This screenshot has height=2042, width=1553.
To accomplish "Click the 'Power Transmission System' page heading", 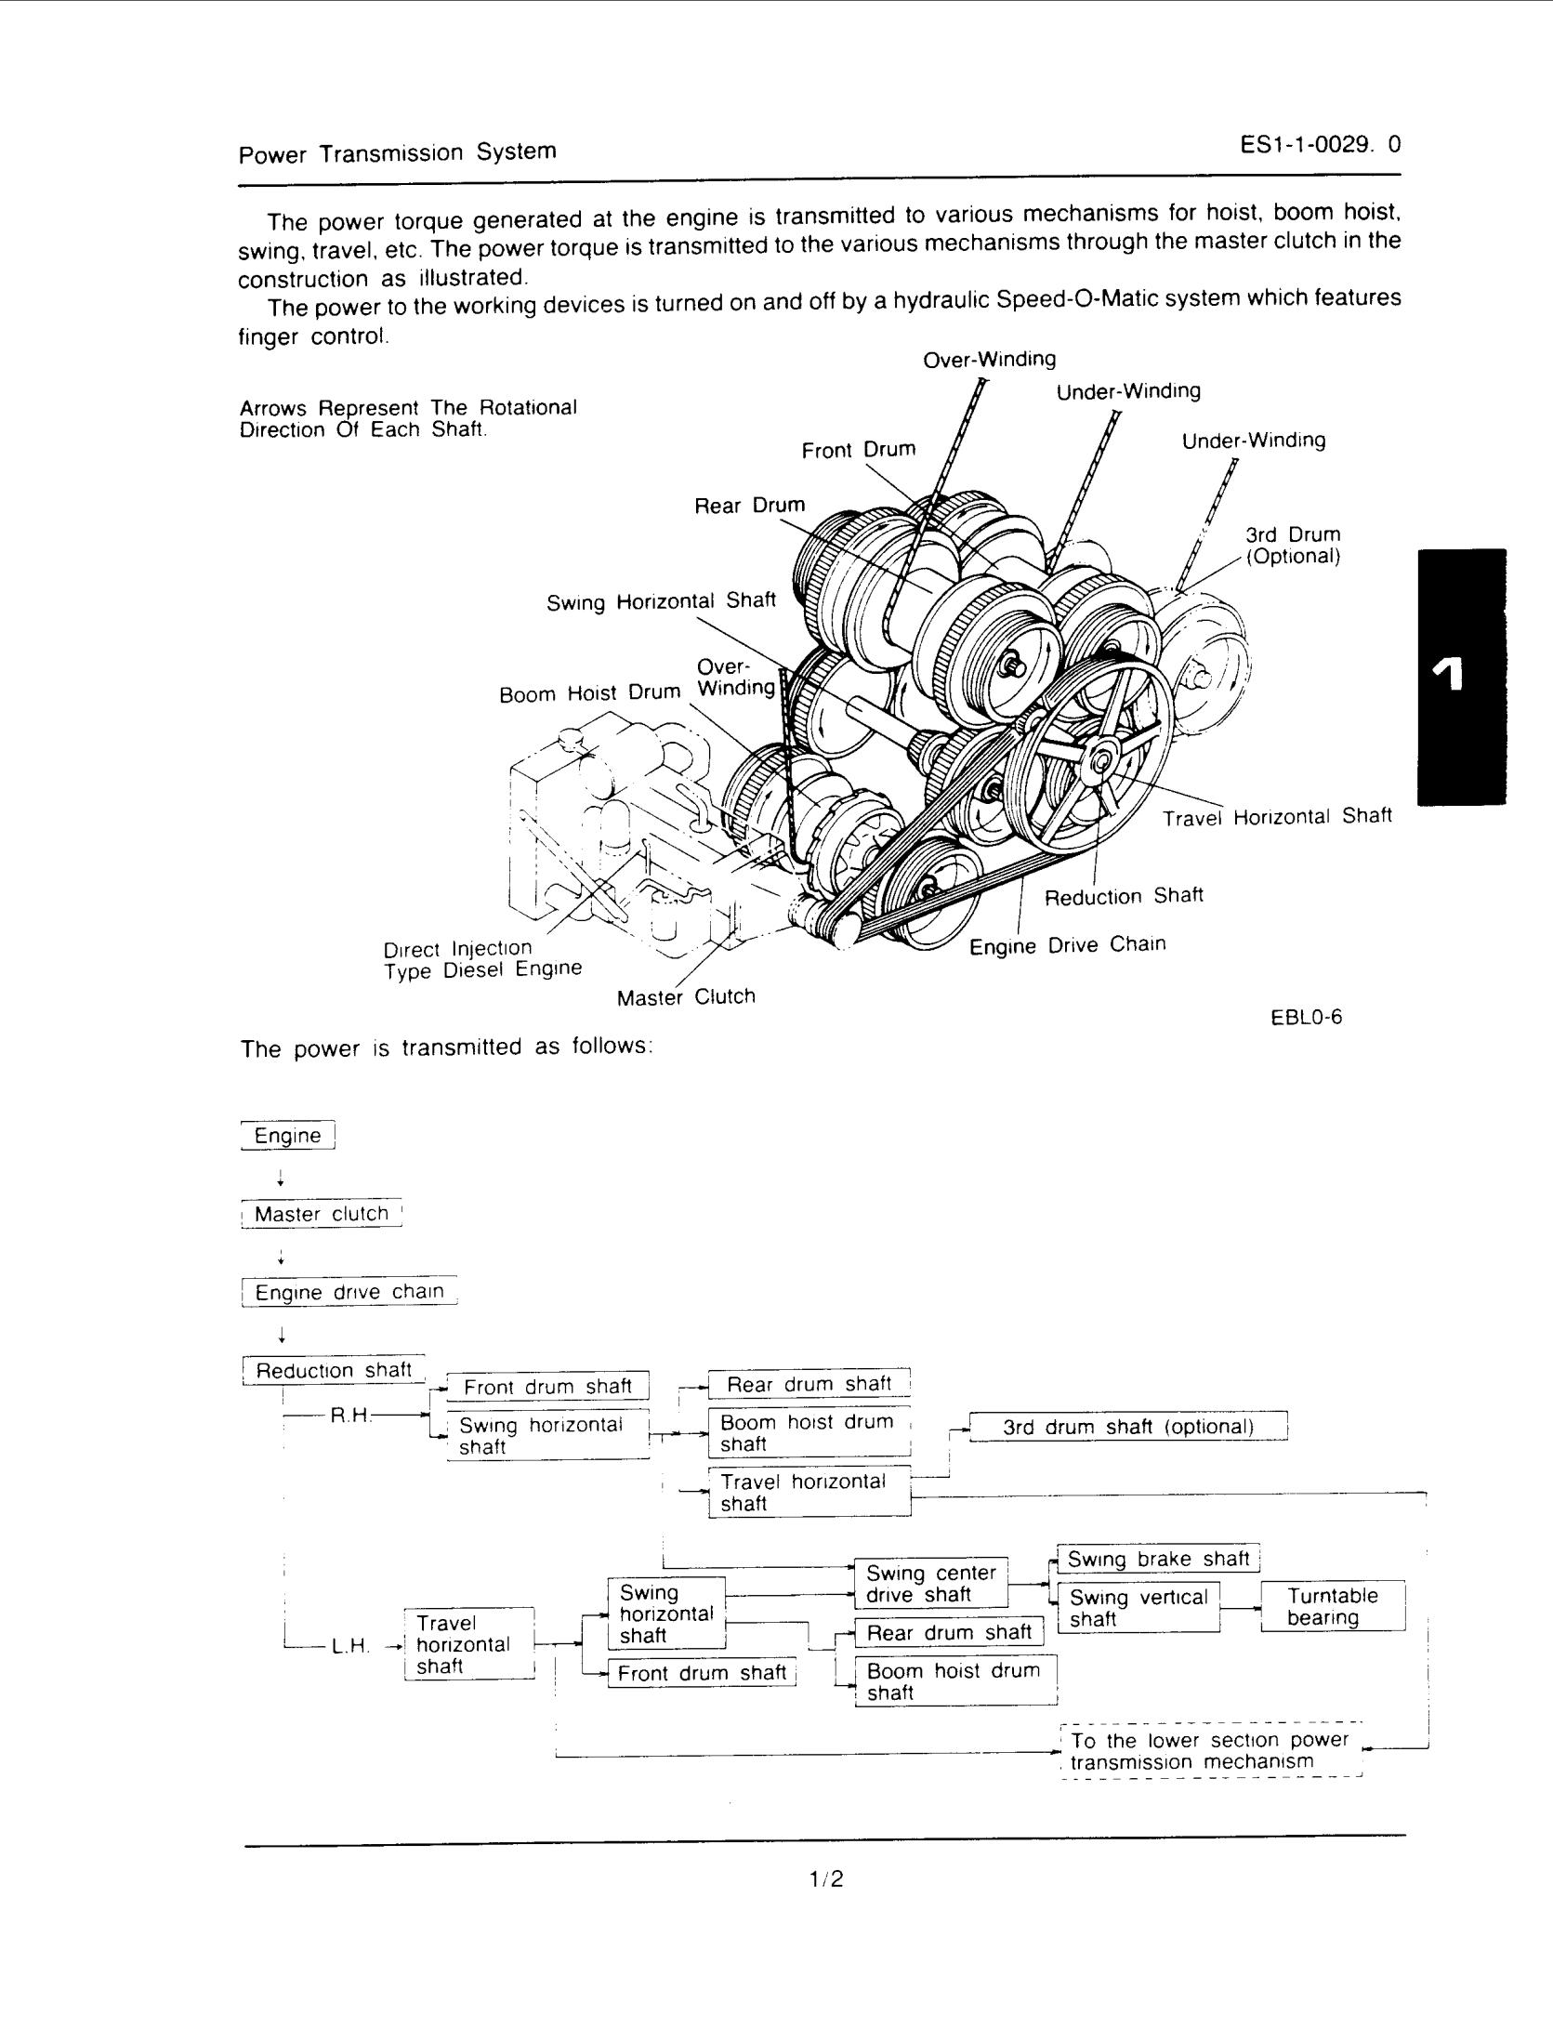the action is click(x=398, y=152).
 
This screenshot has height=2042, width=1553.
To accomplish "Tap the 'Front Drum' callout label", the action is click(x=859, y=450).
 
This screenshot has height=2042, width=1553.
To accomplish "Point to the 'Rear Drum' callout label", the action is click(x=750, y=506).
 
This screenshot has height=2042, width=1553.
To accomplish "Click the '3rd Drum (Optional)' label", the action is click(x=1293, y=546).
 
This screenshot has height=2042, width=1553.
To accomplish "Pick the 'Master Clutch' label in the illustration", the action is click(x=686, y=997).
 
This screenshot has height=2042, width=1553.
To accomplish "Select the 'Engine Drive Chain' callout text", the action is click(x=1067, y=945).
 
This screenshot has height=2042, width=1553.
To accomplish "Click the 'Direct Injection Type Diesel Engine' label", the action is click(x=482, y=958).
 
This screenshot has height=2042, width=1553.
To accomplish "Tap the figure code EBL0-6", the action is click(x=1306, y=1017).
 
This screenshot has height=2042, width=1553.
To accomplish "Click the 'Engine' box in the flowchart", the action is click(x=287, y=1136).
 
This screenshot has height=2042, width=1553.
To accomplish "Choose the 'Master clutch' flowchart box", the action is click(x=322, y=1214).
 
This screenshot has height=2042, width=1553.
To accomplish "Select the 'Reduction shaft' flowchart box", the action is click(x=334, y=1370).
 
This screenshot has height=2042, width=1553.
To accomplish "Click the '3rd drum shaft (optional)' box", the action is click(x=1128, y=1427).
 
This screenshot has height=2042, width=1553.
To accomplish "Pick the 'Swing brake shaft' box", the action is click(x=1158, y=1559).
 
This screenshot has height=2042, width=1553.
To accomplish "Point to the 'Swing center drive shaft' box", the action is click(x=931, y=1583).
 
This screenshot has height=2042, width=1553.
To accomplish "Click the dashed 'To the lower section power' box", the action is click(x=1210, y=1751).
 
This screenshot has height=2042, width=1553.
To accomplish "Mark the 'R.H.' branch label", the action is click(x=351, y=1416).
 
